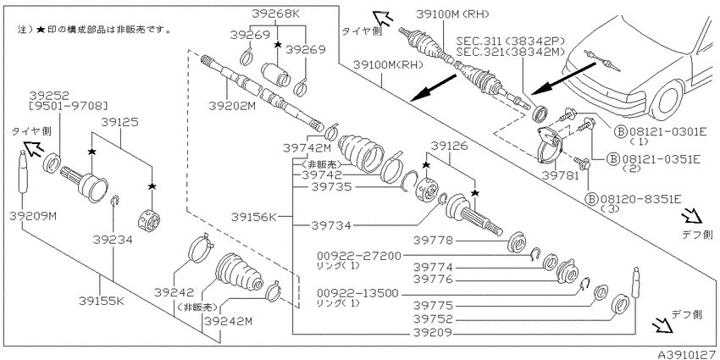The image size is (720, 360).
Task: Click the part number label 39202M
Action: click(232, 106)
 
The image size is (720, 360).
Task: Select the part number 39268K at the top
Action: click(275, 14)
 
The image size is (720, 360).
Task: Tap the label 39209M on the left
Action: click(32, 216)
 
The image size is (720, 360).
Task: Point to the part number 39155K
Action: click(101, 301)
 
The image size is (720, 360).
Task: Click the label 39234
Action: click(113, 240)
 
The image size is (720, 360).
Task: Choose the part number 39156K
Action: click(254, 216)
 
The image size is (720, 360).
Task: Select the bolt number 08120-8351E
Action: click(641, 199)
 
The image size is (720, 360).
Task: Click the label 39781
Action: click(560, 176)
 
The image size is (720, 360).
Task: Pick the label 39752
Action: click(433, 318)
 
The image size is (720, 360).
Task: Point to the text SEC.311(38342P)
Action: click(510, 42)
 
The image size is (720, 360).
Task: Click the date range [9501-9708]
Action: click(68, 107)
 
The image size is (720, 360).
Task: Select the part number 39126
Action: click(451, 147)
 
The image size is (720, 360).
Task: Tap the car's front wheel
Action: click(667, 100)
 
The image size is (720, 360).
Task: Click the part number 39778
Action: click(433, 241)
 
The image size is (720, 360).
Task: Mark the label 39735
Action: click(330, 187)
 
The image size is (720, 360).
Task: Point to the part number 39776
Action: click(433, 280)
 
